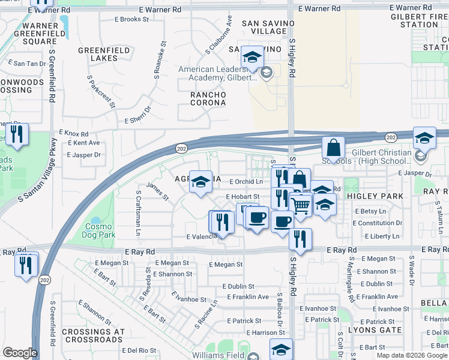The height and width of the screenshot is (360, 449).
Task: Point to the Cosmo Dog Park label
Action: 99,231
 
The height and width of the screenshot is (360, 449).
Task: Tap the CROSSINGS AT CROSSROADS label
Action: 93,335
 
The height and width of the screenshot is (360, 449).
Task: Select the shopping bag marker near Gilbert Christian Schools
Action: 333,148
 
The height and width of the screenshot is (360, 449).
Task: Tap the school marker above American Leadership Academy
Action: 253,58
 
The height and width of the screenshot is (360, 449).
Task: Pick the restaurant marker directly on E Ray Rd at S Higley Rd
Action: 300,239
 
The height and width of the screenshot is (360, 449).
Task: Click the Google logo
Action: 20,353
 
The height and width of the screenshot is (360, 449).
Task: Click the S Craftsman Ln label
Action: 139,213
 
